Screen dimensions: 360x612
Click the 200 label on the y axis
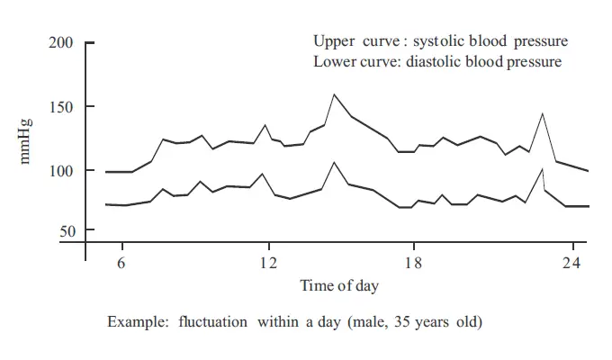click(61, 42)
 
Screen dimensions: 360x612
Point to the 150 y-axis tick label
click(61, 107)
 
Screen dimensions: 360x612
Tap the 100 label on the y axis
click(61, 170)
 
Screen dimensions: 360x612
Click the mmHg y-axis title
click(26, 140)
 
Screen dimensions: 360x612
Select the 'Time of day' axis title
click(339, 286)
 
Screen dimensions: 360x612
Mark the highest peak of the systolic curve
click(334, 94)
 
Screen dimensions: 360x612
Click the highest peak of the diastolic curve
click(334, 162)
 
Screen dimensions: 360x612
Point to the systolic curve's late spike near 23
click(543, 113)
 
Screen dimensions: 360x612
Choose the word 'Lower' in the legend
click(332, 62)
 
